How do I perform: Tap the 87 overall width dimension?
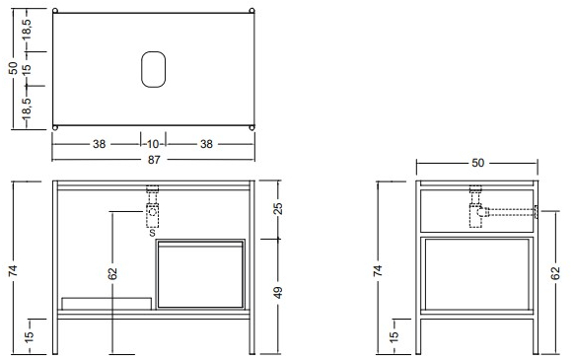pos(154,160)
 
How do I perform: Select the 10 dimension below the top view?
pos(153,144)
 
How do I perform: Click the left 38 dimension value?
pos(100,144)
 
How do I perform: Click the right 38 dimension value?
pos(206,144)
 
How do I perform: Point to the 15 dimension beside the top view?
pos(27,69)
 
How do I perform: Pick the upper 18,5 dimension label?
pos(27,31)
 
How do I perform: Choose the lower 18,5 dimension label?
pos(27,108)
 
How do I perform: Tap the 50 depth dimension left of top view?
pos(13,68)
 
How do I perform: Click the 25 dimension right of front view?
pos(278,208)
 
